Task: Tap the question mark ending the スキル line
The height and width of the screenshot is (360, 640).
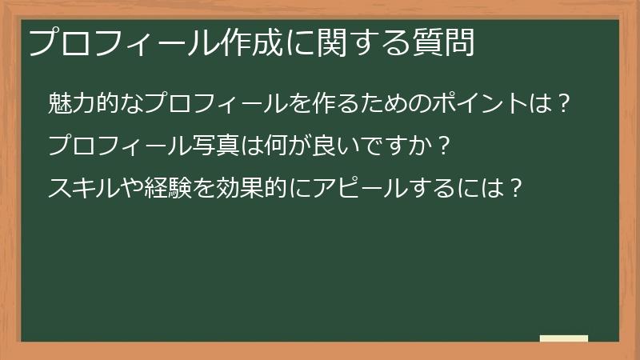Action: (516, 189)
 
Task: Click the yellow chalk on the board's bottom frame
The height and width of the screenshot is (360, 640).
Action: (564, 338)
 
